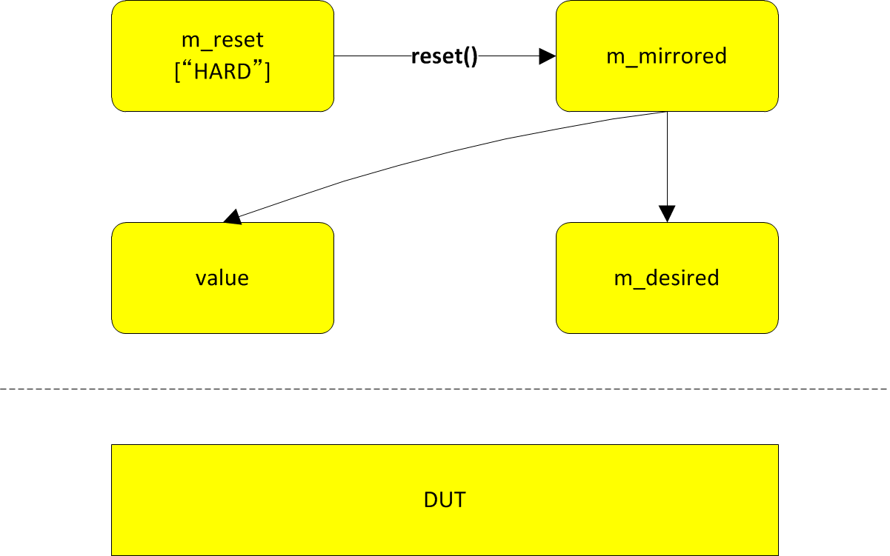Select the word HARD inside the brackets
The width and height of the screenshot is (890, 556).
[x=222, y=73]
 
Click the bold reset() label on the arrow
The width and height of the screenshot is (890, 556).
[x=444, y=56]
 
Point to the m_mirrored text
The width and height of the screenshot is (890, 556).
[x=667, y=56]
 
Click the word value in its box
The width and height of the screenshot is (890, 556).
[x=222, y=278]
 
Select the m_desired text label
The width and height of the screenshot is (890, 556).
[x=667, y=278]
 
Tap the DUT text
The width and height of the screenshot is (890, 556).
[x=445, y=500]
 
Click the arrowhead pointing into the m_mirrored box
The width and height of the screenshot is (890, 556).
[x=548, y=56]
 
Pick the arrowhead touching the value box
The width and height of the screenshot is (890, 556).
[x=232, y=217]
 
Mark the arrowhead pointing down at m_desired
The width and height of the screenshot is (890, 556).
[x=667, y=214]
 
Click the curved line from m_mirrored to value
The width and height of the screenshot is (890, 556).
[x=445, y=153]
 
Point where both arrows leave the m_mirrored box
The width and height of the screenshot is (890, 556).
[x=667, y=113]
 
